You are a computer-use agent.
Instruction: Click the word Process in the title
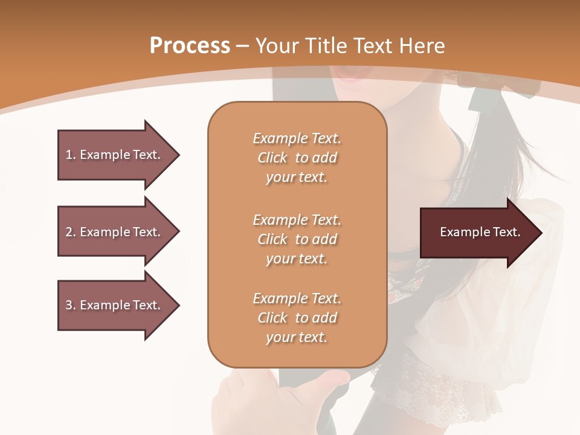190,46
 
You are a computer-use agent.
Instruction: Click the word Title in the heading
326,46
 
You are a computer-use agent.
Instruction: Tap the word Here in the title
421,46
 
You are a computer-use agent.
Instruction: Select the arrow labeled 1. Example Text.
115,155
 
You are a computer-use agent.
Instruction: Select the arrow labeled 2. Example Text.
115,232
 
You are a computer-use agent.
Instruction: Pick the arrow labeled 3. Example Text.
115,305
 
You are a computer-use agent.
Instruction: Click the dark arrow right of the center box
477,233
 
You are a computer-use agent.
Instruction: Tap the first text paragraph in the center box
297,158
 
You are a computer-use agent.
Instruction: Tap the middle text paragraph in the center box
297,239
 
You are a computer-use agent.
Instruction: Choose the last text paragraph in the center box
297,318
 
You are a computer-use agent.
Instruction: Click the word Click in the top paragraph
272,158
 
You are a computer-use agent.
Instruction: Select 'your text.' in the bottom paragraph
297,337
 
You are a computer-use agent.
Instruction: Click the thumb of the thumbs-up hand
329,381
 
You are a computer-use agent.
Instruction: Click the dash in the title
243,46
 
